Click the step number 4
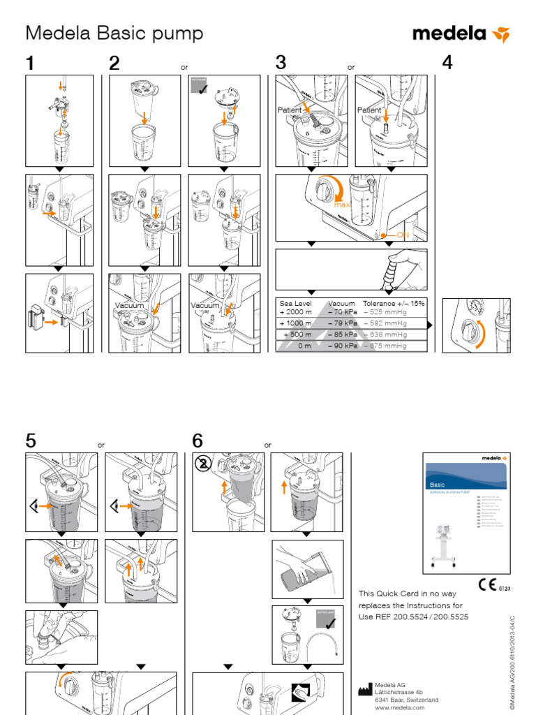(x=447, y=63)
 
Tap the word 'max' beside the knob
(x=342, y=205)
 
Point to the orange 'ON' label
(x=403, y=235)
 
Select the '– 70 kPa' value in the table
(x=342, y=313)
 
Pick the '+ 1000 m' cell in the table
(x=295, y=323)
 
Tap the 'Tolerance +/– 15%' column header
(x=393, y=304)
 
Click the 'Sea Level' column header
(x=296, y=304)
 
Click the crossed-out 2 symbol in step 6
(x=202, y=464)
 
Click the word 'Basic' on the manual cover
(x=437, y=484)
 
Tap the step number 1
(x=30, y=63)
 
